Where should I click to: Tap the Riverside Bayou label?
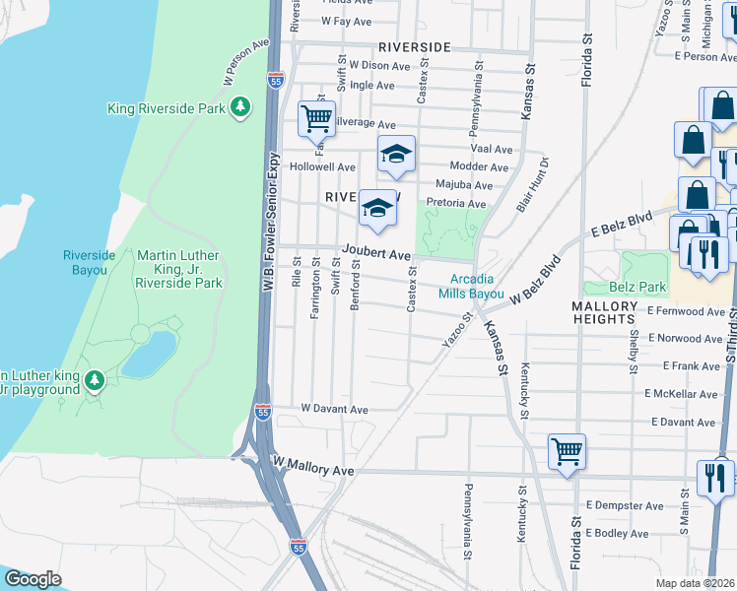tap(90, 262)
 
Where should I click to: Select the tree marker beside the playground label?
tap(95, 379)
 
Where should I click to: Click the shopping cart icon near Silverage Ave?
tap(317, 119)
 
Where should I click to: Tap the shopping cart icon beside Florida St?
tap(567, 452)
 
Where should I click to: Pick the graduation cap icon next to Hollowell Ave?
tap(396, 155)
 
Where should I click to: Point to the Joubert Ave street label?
tap(376, 255)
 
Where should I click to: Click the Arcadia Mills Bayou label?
tap(471, 287)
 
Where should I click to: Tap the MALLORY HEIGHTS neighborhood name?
tap(604, 312)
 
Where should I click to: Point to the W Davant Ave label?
tap(334, 409)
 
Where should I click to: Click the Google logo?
tap(33, 578)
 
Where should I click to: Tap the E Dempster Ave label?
tap(616, 504)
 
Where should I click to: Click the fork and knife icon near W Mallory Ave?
tap(714, 477)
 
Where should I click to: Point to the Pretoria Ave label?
tap(456, 204)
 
